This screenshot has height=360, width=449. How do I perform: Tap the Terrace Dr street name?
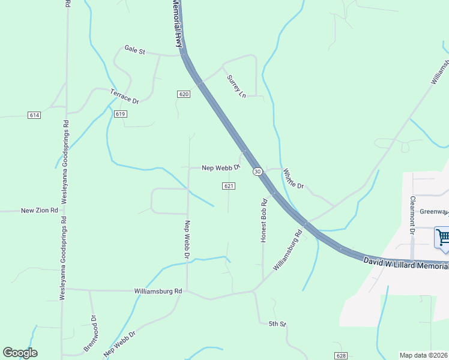tap(124, 96)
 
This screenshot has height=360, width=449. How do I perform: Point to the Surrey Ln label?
tap(237, 86)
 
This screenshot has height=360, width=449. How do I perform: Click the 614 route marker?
tap(34, 114)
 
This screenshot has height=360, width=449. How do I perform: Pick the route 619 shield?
tap(121, 114)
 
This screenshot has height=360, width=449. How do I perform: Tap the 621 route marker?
tap(228, 186)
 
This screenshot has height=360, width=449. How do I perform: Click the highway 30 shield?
tap(257, 172)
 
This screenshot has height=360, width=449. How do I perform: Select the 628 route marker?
tap(341, 356)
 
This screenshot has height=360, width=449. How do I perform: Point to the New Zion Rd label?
tap(39, 211)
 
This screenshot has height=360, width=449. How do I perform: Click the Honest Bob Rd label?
tap(264, 220)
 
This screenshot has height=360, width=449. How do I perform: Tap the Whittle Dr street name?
tap(294, 178)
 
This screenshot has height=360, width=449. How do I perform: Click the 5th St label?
tap(277, 324)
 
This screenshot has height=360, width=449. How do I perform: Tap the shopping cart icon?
tap(443, 238)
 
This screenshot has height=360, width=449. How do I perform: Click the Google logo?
tap(20, 353)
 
